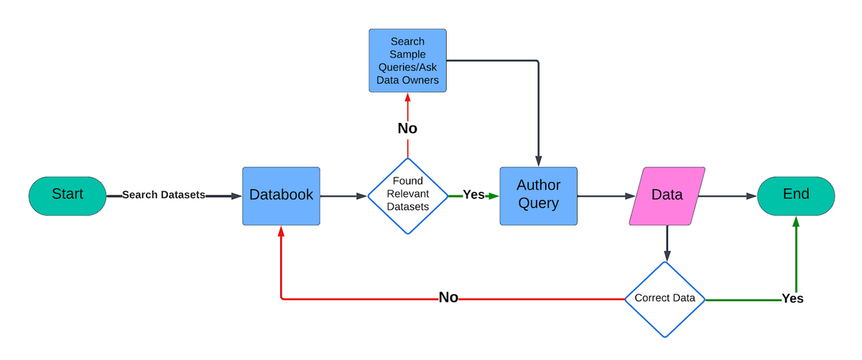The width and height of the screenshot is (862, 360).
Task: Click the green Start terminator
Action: coord(68,195)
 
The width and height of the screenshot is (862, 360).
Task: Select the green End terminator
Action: coord(796,195)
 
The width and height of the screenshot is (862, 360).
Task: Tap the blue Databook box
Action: coord(281,195)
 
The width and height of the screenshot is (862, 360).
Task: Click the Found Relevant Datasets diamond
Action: coord(407,195)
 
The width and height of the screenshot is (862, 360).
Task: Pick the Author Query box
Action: coord(538,195)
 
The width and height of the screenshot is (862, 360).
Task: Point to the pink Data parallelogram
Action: coord(667,195)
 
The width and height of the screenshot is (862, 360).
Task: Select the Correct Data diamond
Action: coord(665,298)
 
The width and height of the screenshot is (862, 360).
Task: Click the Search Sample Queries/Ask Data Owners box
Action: coord(407,60)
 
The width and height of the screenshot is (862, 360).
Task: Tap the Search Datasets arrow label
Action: coord(164,195)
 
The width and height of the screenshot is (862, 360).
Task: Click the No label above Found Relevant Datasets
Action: coord(407,129)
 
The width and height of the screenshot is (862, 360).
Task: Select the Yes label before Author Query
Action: coord(473,195)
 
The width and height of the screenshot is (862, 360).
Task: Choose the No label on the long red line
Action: coord(448,298)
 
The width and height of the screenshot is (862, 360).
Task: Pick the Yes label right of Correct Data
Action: coord(792,298)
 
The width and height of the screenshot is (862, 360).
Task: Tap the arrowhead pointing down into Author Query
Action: coord(538,161)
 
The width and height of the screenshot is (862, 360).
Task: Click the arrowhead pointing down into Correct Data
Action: coord(667,255)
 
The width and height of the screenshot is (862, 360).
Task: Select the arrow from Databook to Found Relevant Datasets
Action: coord(343,195)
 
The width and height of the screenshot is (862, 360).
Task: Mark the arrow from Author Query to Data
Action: coord(603,195)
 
